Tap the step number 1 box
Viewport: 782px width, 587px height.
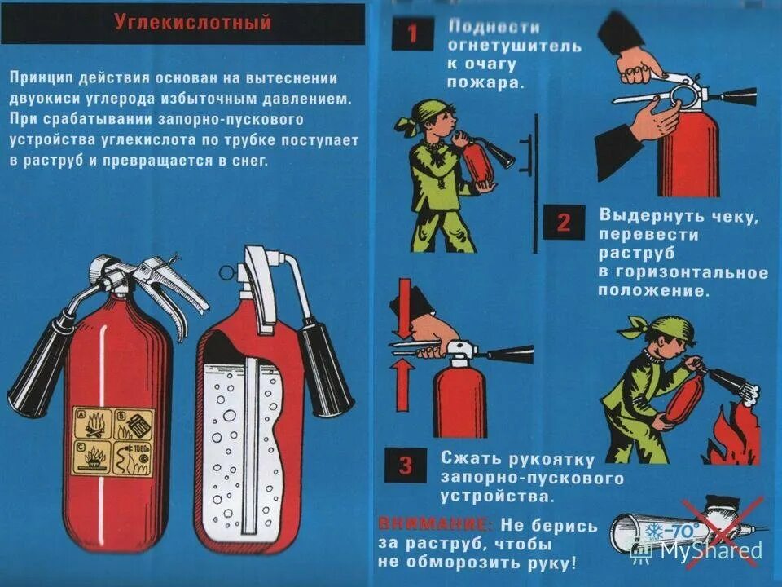point(412,34)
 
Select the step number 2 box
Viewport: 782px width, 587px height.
point(564,223)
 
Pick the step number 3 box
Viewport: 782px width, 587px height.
point(405,466)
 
